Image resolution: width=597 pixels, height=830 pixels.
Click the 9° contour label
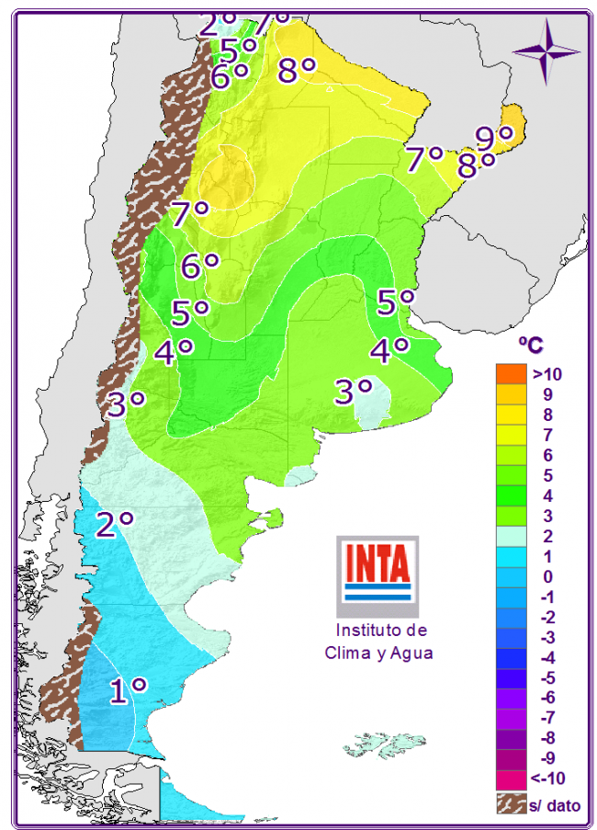(x=494, y=137)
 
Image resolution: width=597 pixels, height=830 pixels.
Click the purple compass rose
(x=546, y=51)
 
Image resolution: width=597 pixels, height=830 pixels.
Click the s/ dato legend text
(x=554, y=805)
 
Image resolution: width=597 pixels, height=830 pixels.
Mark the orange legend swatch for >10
(x=511, y=374)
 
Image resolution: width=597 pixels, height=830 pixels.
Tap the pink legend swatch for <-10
(x=511, y=779)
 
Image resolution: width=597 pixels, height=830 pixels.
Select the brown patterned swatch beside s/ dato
(x=511, y=804)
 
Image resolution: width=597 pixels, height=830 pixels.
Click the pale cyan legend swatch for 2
(x=511, y=536)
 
